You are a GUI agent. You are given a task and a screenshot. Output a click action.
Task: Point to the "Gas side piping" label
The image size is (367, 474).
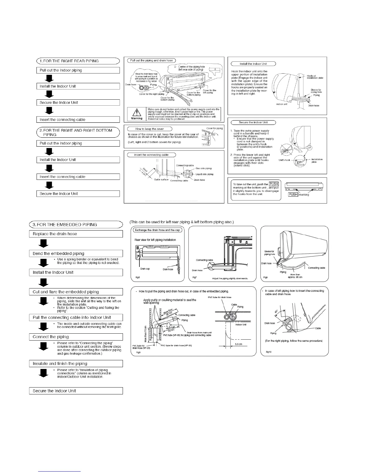point(204,168)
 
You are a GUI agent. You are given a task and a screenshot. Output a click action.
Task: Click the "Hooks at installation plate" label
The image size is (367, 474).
point(315,77)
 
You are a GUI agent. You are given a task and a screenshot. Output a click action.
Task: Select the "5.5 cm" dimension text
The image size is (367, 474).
point(239,344)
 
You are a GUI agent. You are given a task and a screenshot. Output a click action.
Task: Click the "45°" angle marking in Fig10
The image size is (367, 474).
point(276,312)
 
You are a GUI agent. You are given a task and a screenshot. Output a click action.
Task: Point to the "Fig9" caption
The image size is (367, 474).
point(138,352)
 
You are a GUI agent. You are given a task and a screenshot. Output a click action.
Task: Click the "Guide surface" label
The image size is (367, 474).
point(161,180)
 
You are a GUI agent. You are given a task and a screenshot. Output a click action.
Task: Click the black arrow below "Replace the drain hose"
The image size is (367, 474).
point(44,244)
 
